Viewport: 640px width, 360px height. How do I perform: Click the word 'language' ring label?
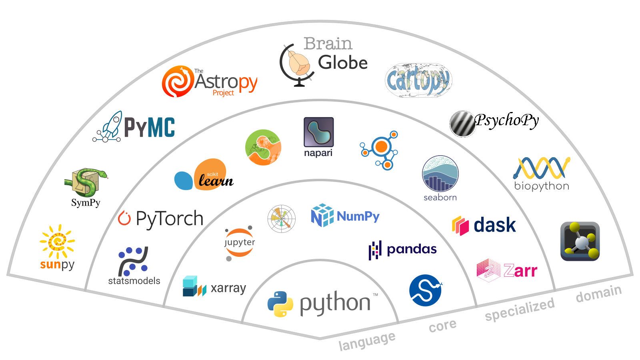click(367, 341)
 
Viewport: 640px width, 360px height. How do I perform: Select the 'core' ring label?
click(442, 326)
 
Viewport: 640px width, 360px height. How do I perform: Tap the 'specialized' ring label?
click(520, 309)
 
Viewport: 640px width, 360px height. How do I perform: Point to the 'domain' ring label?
click(598, 294)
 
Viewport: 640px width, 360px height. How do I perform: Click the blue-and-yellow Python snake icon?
click(280, 304)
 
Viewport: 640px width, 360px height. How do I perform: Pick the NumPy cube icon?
click(322, 216)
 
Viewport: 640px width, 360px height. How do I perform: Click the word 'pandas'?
click(412, 250)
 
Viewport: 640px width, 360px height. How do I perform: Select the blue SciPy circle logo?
click(426, 290)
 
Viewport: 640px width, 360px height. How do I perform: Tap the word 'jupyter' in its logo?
click(240, 242)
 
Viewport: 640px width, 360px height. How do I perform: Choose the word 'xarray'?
click(228, 288)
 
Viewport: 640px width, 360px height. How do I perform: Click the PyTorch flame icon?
click(124, 218)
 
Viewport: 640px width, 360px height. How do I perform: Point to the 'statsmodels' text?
click(134, 281)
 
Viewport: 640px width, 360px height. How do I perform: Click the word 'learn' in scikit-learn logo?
click(216, 180)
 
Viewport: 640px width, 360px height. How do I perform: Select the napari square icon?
click(318, 132)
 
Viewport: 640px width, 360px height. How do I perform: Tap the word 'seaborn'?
click(440, 198)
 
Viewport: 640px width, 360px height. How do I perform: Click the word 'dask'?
click(495, 225)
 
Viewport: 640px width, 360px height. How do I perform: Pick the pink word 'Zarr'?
click(520, 270)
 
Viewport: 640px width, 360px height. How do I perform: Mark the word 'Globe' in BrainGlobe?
click(342, 62)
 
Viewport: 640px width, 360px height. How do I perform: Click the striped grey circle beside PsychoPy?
click(462, 124)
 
